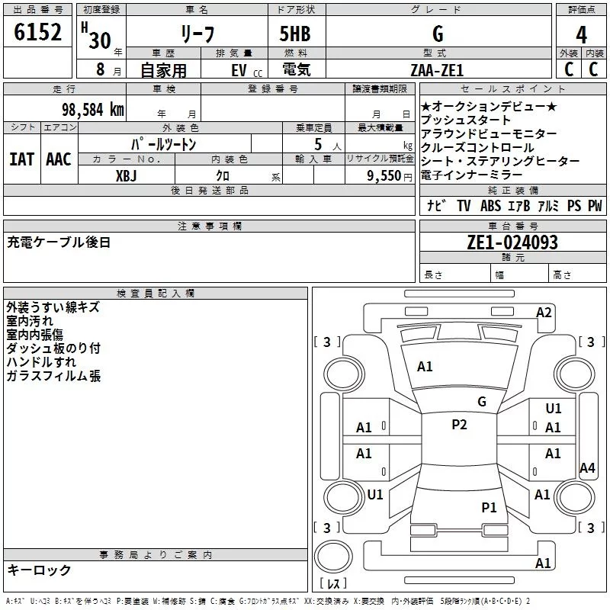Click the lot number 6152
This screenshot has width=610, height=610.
click(x=37, y=32)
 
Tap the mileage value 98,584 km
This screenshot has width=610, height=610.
click(x=93, y=110)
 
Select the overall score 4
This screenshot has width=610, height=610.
click(x=581, y=35)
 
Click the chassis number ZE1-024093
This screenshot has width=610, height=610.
click(x=512, y=242)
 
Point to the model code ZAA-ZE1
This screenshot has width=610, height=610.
click(x=437, y=70)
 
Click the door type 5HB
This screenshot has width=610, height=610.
click(x=295, y=34)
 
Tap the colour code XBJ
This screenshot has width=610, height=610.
click(x=127, y=176)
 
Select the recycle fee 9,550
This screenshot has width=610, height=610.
click(x=384, y=176)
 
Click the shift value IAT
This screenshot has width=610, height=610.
click(x=22, y=159)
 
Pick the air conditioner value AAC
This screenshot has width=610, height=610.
click(x=59, y=159)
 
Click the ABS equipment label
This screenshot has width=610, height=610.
click(x=490, y=205)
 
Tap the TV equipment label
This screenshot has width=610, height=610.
click(x=464, y=205)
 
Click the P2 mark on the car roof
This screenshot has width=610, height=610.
click(x=459, y=424)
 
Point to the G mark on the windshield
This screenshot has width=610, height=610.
click(x=482, y=401)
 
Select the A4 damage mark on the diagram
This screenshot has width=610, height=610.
click(x=587, y=467)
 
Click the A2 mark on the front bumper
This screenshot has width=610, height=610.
click(x=544, y=313)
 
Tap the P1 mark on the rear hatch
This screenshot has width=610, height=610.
click(x=489, y=507)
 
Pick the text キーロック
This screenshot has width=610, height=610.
click(x=40, y=570)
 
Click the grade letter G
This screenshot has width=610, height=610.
click(x=438, y=34)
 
